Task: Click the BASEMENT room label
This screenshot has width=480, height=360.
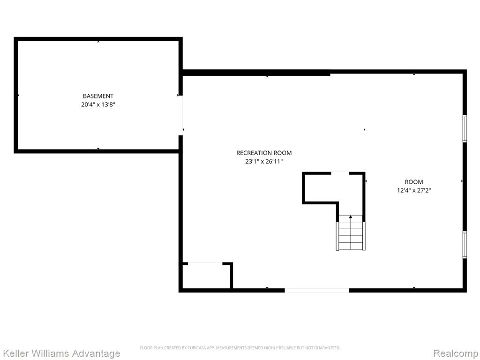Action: [98, 96]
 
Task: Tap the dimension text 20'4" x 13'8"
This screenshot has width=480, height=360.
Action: [98, 105]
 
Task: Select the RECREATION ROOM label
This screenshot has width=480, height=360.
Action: [264, 153]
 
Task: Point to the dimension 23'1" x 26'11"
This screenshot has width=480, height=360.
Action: [264, 161]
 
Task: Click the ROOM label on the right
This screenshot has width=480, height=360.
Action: [414, 182]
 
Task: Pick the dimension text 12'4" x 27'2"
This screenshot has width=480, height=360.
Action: [414, 190]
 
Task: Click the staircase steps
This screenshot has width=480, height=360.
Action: [351, 235]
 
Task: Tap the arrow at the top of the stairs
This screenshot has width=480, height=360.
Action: [351, 217]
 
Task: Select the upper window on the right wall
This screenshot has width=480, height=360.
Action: [465, 128]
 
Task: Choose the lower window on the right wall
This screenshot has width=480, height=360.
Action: [465, 245]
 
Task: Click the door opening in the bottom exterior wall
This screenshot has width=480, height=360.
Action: [316, 290]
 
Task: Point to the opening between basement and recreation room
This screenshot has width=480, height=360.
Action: [180, 115]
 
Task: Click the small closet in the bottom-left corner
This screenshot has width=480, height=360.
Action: [206, 276]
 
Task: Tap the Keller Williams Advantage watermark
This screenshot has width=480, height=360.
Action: [61, 353]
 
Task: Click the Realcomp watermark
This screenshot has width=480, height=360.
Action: [456, 353]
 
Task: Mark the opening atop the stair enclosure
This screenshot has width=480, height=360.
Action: [340, 173]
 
